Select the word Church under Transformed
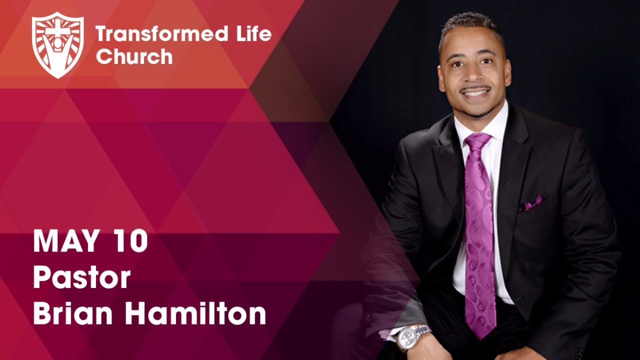(134, 56)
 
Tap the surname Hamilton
(195, 313)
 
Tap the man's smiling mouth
(475, 93)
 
